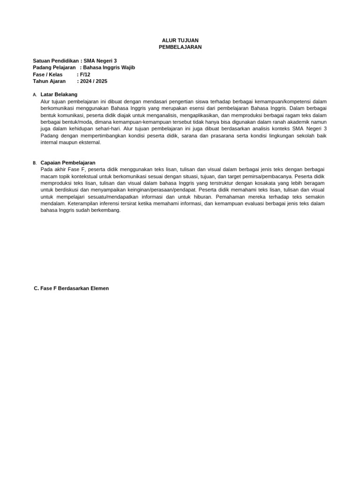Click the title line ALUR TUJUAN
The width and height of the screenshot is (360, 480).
(x=180, y=40)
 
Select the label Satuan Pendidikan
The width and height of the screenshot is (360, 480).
(x=56, y=61)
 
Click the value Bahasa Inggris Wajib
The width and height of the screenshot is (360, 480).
(x=109, y=67)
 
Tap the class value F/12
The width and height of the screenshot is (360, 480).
(x=85, y=75)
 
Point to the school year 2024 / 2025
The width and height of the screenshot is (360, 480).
(x=94, y=81)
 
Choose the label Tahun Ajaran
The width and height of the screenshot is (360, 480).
(x=49, y=81)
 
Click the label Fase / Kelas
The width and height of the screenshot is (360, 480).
(x=48, y=75)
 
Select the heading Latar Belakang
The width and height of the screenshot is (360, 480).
(x=59, y=94)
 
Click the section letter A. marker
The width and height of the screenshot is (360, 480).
(x=35, y=95)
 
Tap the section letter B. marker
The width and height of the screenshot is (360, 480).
(x=35, y=163)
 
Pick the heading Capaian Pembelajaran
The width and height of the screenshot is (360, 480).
(x=68, y=163)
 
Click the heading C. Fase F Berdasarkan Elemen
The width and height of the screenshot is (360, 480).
(x=71, y=288)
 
